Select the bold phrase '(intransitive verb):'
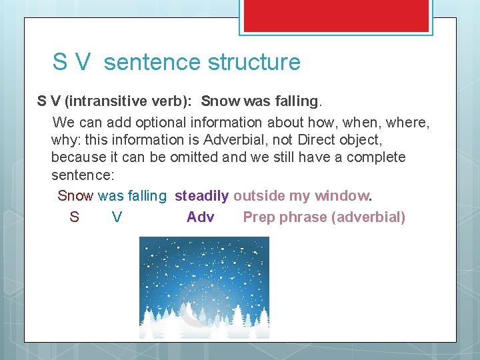[129, 101]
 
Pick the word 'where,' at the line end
[408, 123]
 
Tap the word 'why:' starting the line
[65, 140]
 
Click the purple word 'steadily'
[201, 196]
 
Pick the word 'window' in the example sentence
[341, 196]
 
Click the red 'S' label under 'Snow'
[74, 217]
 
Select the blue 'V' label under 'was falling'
[117, 217]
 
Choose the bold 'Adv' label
[200, 217]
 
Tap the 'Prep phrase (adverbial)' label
[324, 217]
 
